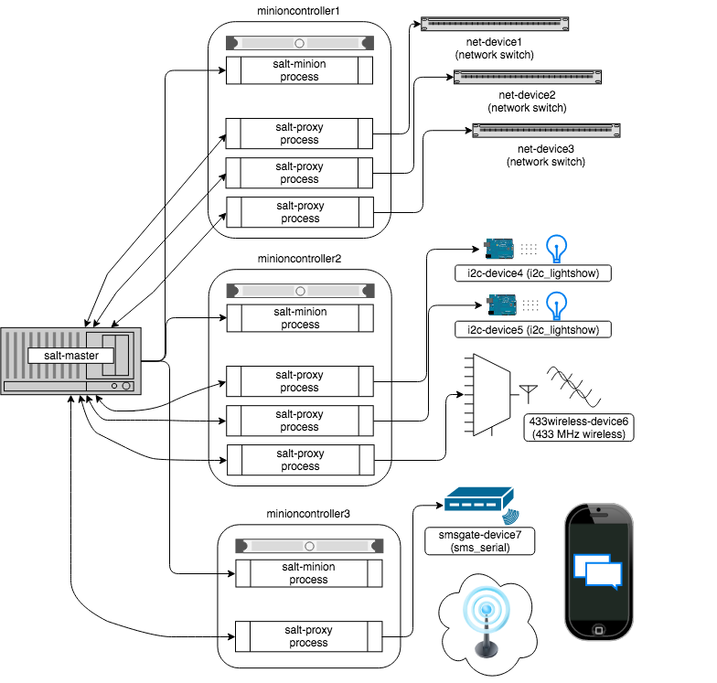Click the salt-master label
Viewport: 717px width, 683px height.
pos(71,355)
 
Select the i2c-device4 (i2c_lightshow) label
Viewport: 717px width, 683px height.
pos(533,273)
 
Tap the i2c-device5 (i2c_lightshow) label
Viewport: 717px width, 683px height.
pos(533,329)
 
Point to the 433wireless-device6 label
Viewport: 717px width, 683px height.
pos(580,427)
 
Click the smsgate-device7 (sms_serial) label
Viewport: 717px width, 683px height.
pos(480,540)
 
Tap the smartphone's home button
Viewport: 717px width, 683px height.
pos(598,629)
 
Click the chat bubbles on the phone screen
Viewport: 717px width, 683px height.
pos(597,571)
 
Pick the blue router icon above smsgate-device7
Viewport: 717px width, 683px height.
pos(478,500)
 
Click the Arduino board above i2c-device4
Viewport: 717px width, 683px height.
pos(499,249)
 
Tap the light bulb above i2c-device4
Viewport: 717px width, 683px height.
pos(556,247)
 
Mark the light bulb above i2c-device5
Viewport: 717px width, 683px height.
pos(556,304)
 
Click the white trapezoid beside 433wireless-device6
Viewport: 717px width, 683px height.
pos(492,395)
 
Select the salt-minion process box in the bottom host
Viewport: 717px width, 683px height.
pos(308,573)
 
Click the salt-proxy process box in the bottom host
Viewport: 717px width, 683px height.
pos(308,636)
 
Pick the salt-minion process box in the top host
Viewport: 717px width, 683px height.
pos(299,70)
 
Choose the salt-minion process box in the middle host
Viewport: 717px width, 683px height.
pos(299,318)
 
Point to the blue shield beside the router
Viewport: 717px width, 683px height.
pos(510,518)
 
